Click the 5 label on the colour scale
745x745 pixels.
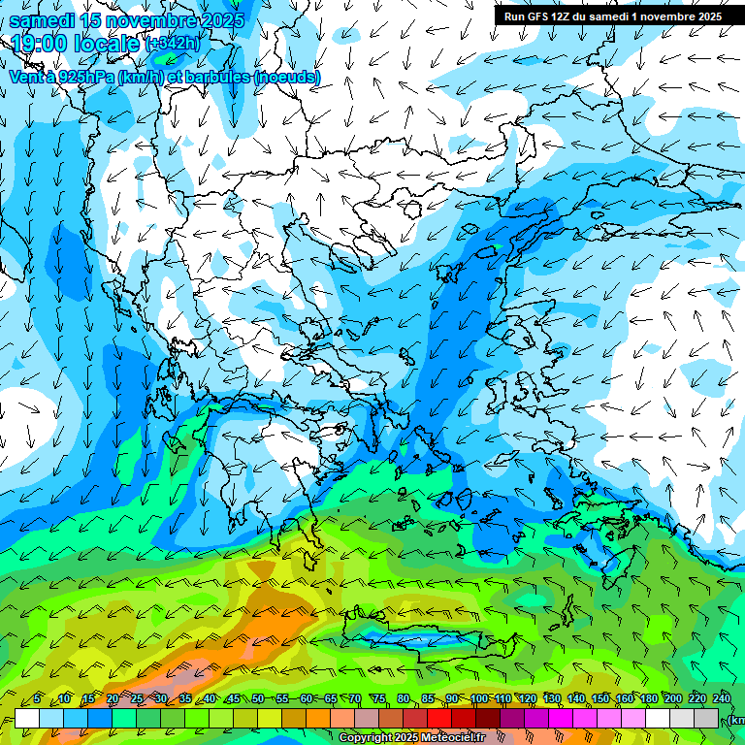pyautogui.click(x=37, y=699)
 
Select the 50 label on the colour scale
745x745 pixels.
pyautogui.click(x=258, y=699)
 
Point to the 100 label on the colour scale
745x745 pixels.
pyautogui.click(x=479, y=699)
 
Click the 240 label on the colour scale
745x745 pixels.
pyautogui.click(x=722, y=699)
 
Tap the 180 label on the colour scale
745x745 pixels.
pyautogui.click(x=649, y=699)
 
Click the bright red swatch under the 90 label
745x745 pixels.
pyautogui.click(x=439, y=718)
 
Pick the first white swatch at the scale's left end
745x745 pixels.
pyautogui.click(x=26, y=718)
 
